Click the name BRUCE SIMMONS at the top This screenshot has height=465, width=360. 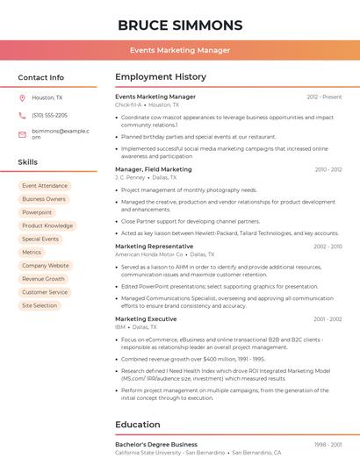pyautogui.click(x=179, y=25)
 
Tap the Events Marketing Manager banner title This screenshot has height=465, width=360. pyautogui.click(x=179, y=50)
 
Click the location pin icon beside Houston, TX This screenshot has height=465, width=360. pyautogui.click(x=22, y=97)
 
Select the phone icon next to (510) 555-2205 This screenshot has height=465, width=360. pyautogui.click(x=22, y=115)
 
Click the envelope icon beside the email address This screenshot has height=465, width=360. pyautogui.click(x=22, y=133)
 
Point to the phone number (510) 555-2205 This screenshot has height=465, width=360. pyautogui.click(x=49, y=115)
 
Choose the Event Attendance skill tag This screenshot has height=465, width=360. pyautogui.click(x=45, y=186)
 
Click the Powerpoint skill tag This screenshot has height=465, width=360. pyautogui.click(x=37, y=212)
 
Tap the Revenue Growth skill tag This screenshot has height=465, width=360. pyautogui.click(x=44, y=279)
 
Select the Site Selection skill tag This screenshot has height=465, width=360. pyautogui.click(x=40, y=305)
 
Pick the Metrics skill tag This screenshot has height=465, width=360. pyautogui.click(x=32, y=253)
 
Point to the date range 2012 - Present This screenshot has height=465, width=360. pyautogui.click(x=324, y=97)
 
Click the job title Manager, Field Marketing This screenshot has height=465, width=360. pyautogui.click(x=154, y=169)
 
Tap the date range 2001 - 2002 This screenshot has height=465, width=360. pyautogui.click(x=327, y=319)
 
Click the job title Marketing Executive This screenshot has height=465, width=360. pyautogui.click(x=146, y=319)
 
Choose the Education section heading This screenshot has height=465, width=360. pyautogui.click(x=138, y=425)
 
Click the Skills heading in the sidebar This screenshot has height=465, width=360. pyautogui.click(x=28, y=162)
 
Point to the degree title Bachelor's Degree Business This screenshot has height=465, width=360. pyautogui.click(x=156, y=444)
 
